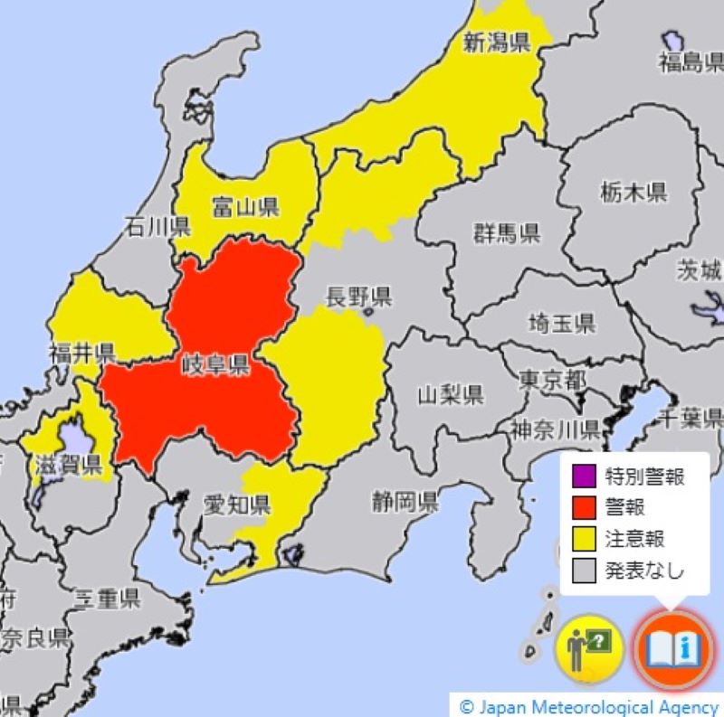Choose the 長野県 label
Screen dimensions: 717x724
coord(358,296)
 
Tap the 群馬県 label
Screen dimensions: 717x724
coord(506,233)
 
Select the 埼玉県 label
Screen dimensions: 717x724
coord(561,322)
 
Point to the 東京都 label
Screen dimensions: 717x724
coord(551,380)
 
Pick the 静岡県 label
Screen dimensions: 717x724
coord(405,501)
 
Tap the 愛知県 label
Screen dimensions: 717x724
coord(237,504)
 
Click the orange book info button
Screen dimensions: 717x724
coord(671,648)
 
